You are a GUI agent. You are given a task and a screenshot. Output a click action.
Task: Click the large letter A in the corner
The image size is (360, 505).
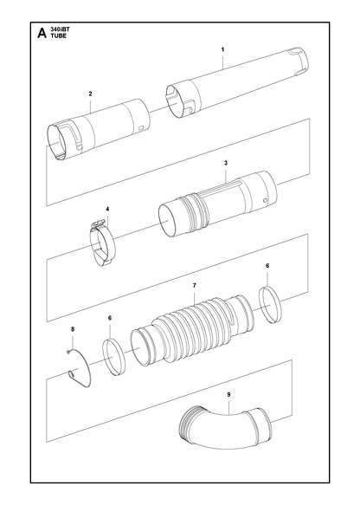42,33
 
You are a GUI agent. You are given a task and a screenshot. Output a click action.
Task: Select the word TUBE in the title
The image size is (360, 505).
59,36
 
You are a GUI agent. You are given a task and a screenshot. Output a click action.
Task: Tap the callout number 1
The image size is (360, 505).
222,49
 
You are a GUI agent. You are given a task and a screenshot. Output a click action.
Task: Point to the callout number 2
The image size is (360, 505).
90,94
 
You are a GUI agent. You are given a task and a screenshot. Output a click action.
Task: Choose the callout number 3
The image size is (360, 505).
226,163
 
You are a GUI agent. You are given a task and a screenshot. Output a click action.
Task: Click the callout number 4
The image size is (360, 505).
107,209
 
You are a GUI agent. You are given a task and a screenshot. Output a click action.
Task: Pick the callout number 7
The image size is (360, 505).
195,285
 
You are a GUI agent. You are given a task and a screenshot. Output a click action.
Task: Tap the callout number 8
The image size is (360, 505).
73,329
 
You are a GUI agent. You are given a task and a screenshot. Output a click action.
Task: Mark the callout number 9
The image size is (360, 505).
228,394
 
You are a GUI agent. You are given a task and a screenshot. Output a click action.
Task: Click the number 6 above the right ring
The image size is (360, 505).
267,266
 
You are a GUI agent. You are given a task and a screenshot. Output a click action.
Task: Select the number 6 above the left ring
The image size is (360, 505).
110,318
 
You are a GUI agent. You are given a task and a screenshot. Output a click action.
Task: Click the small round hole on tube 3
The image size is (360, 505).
265,201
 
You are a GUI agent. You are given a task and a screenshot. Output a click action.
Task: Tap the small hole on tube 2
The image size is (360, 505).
140,128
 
